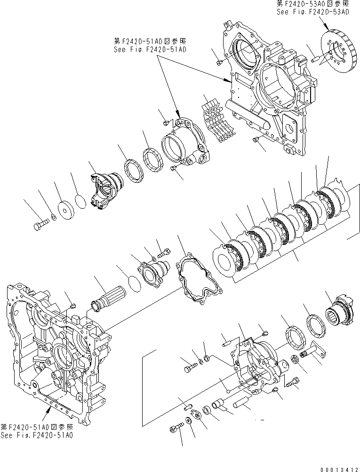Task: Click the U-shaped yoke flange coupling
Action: coord(106,190)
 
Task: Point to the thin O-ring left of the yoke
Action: coord(80,201)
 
